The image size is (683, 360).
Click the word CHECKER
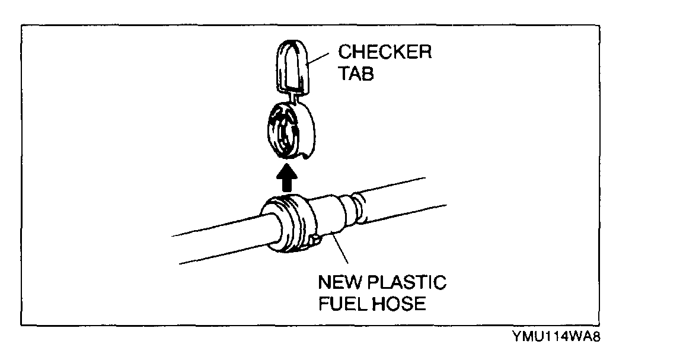pyautogui.click(x=385, y=52)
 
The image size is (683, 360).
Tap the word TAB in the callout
pyautogui.click(x=356, y=75)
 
